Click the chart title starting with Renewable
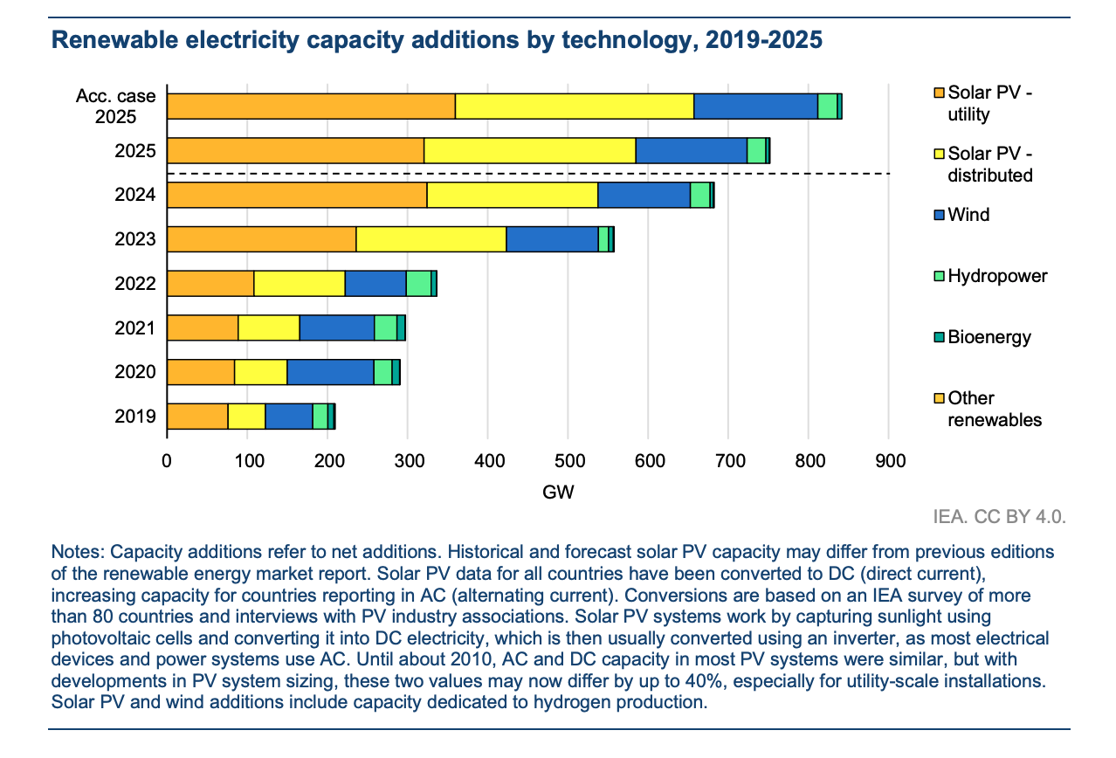pos(437,41)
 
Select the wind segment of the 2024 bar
pos(644,195)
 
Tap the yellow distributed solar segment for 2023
pos(431,239)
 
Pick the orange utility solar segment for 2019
pos(197,417)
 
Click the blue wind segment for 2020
pos(330,372)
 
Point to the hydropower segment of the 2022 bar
pos(418,284)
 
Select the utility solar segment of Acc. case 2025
pos(311,106)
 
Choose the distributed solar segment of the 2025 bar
pos(529,150)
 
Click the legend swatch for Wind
pos(939,215)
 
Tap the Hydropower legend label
pos(997,276)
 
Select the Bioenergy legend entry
pos(989,337)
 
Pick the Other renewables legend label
pos(995,409)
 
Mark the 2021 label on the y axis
pos(135,328)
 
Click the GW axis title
pos(558,493)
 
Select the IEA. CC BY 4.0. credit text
pos(999,517)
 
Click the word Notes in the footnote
pos(78,553)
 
